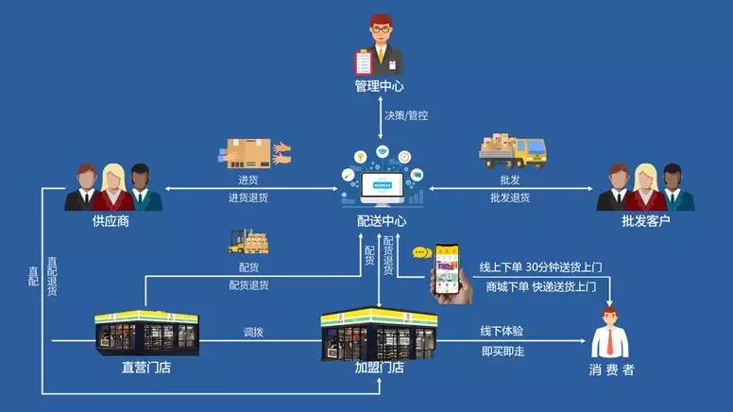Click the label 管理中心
(379, 86)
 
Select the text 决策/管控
(405, 115)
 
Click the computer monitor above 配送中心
(380, 184)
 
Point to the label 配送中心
(381, 221)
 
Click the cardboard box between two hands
(248, 153)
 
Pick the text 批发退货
(510, 197)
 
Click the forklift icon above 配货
(247, 242)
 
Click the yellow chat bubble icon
(421, 252)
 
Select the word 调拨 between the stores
(253, 333)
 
